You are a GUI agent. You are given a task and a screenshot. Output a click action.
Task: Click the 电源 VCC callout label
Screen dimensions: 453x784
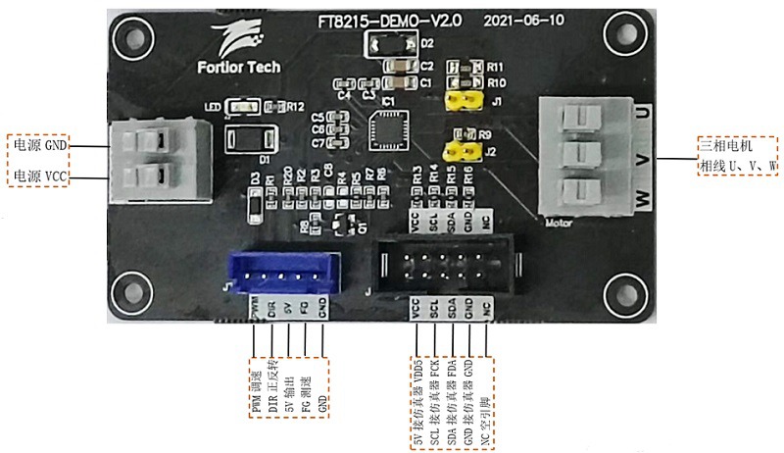tap(39, 176)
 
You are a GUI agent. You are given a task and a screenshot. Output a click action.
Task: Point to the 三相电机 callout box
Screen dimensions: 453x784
tap(736, 154)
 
